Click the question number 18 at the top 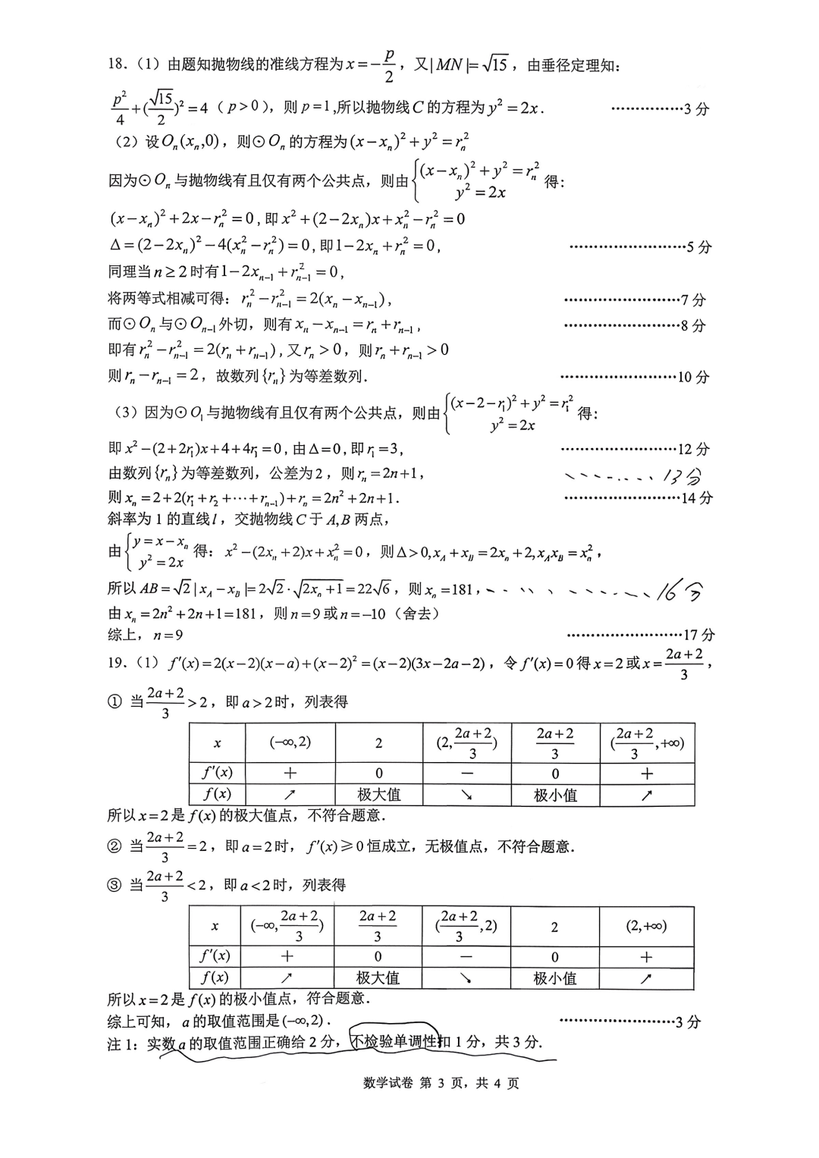pyautogui.click(x=118, y=64)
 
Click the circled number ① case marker pyautogui.click(x=115, y=702)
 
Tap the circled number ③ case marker pyautogui.click(x=114, y=885)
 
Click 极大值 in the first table pyautogui.click(x=378, y=795)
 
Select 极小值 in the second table pyautogui.click(x=554, y=978)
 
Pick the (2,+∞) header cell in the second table pyautogui.click(x=646, y=926)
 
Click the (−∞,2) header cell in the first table pyautogui.click(x=290, y=742)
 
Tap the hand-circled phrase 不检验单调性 pyautogui.click(x=394, y=1042)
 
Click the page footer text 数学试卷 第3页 pyautogui.click(x=441, y=1083)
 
